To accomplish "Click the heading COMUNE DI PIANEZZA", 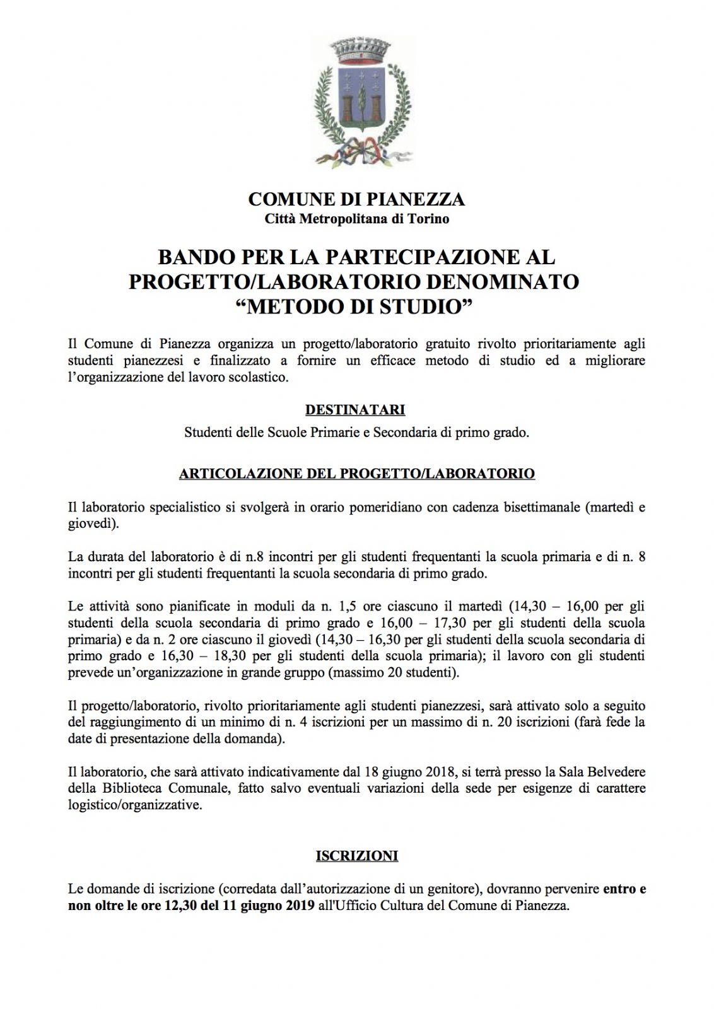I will [x=356, y=199].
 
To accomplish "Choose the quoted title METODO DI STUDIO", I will [x=356, y=306].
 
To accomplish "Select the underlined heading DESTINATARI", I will [x=355, y=411].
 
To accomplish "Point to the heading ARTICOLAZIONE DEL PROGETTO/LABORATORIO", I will [x=357, y=474].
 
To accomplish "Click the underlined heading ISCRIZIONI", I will [x=356, y=856].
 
